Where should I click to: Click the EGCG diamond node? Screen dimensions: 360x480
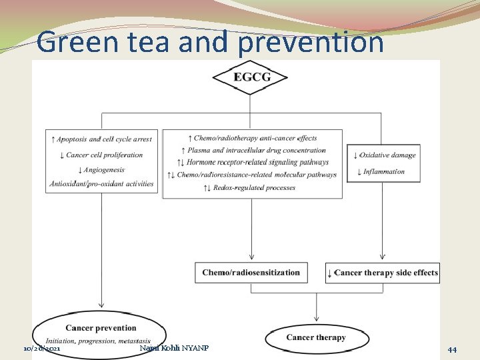(x=250, y=77)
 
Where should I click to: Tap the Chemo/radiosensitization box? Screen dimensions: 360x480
(x=251, y=272)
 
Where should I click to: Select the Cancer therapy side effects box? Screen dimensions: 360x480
(x=382, y=273)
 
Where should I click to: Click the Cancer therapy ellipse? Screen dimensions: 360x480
(x=316, y=337)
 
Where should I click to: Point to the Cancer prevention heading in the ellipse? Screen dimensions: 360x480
(x=101, y=328)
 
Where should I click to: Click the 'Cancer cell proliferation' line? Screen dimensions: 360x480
(x=101, y=155)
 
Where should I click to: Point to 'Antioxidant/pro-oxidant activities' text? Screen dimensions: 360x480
(x=101, y=184)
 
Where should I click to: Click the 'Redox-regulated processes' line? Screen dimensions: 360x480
(x=254, y=187)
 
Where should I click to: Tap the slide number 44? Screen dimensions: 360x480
(x=452, y=349)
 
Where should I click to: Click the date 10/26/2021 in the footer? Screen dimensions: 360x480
(x=42, y=349)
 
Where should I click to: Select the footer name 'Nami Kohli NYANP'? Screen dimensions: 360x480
(x=174, y=348)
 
